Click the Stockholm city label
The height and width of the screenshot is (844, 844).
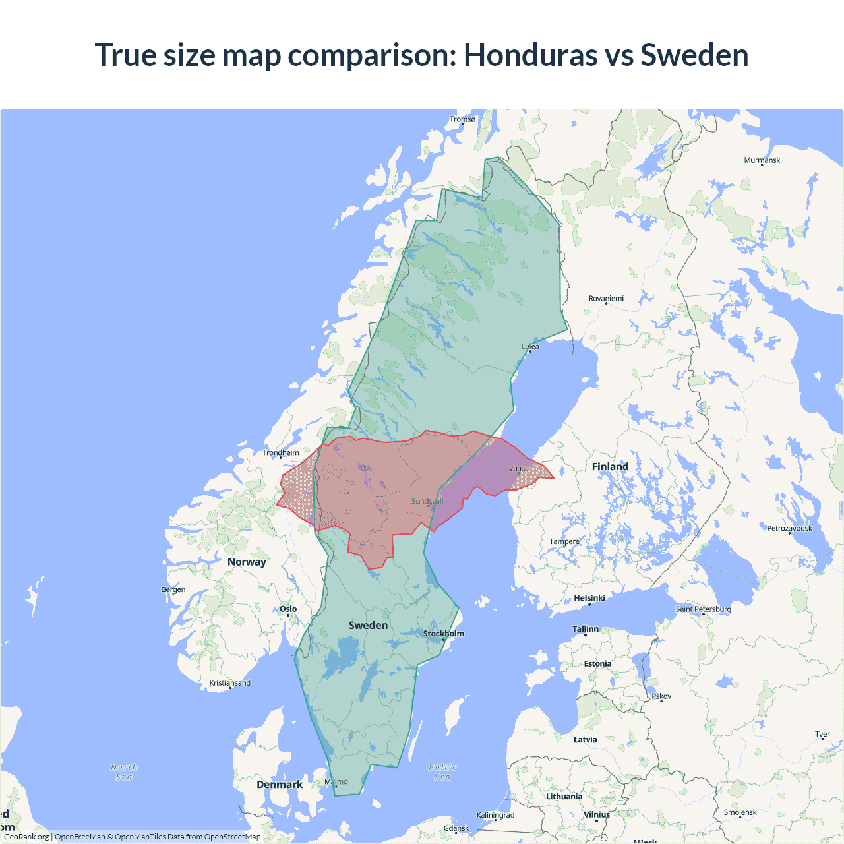(x=443, y=634)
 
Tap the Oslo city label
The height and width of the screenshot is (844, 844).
(x=288, y=609)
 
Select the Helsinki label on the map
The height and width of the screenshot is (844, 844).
(x=589, y=598)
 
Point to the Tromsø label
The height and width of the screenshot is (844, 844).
(x=462, y=119)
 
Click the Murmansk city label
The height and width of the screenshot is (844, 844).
(x=762, y=160)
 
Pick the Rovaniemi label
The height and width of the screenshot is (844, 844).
(x=606, y=299)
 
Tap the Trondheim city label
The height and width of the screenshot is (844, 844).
(x=281, y=452)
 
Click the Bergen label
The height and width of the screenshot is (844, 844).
(x=173, y=589)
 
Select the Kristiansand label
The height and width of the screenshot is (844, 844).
(x=230, y=683)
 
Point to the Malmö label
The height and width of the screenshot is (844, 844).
(x=336, y=781)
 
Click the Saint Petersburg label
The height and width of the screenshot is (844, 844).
(x=703, y=609)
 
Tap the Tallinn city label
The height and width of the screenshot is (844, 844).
(x=586, y=629)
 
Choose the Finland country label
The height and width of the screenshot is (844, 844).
(x=610, y=467)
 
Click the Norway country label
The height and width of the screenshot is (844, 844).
(x=247, y=562)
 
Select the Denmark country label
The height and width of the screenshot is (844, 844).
(x=280, y=785)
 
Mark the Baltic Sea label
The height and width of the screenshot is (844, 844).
(x=442, y=772)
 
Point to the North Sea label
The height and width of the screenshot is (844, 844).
(x=124, y=772)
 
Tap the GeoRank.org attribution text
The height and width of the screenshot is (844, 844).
(x=26, y=837)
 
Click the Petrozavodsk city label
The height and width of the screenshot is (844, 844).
(x=789, y=528)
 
